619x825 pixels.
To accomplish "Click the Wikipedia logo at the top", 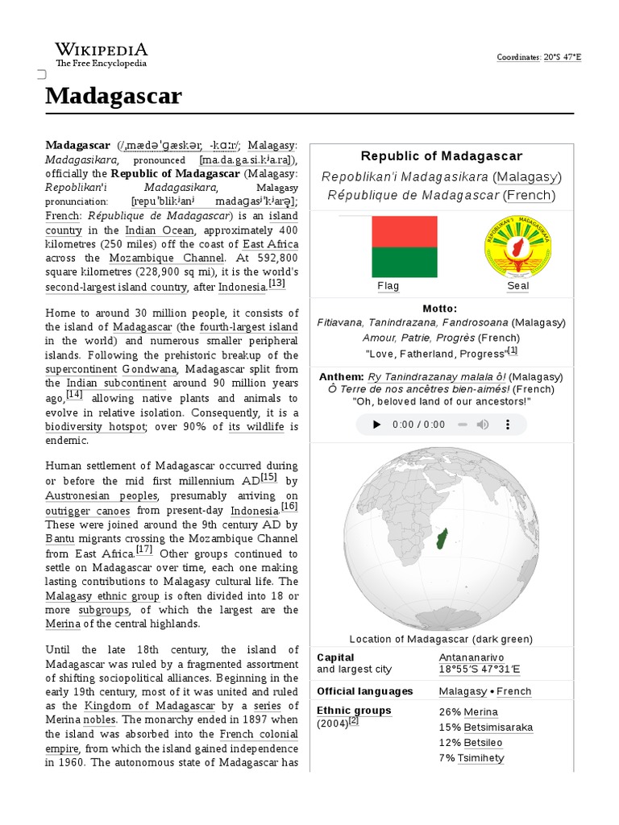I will point(102,53).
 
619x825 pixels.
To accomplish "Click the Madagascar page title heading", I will point(114,97).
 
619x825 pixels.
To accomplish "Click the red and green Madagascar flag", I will point(404,247).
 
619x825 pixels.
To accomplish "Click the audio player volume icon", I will point(482,425).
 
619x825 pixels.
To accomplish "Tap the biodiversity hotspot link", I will point(96,426).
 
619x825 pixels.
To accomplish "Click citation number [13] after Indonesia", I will point(276,284).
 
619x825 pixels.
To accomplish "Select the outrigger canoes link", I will point(87,511).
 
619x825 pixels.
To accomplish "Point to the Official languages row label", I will point(364,691).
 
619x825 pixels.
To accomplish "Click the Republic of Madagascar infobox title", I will point(441,156).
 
